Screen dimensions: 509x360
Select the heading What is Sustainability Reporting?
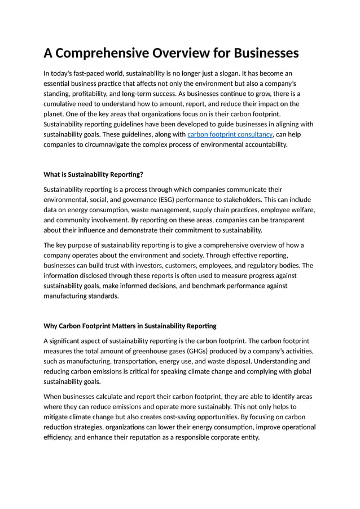(97, 174)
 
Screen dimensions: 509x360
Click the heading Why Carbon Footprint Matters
(130, 326)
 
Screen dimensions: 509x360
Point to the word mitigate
(59, 416)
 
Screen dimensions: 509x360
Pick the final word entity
(249, 437)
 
